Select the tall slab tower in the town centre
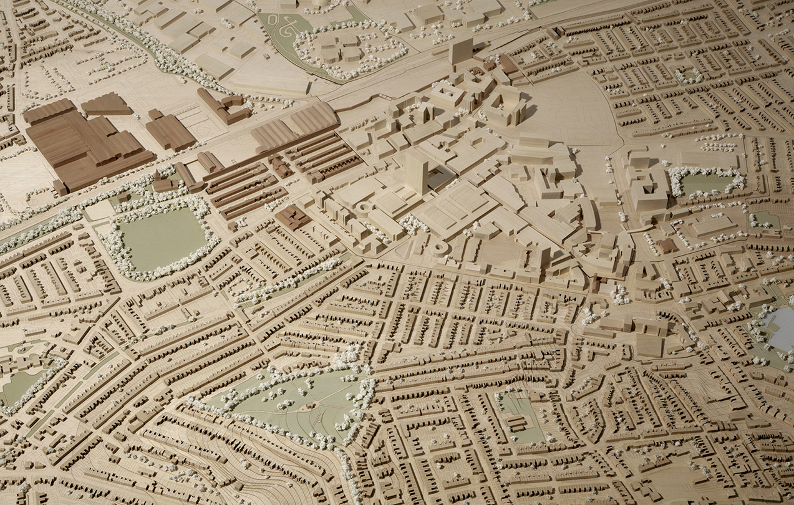tap(416, 171)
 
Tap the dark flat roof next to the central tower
tap(440, 180)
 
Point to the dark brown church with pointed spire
tap(292, 217)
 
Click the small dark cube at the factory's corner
tap(60, 186)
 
